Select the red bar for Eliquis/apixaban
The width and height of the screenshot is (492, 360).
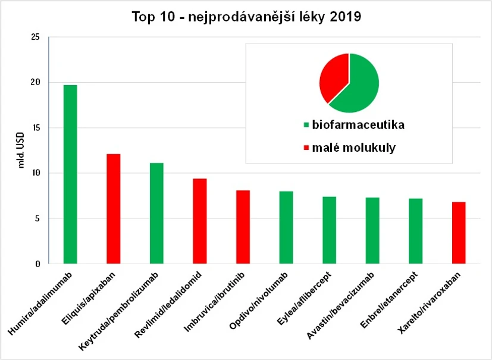click(x=113, y=209)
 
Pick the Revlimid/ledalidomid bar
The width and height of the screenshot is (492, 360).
click(x=200, y=221)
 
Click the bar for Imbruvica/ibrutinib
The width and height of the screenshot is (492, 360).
click(x=243, y=227)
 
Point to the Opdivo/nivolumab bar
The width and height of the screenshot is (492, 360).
click(x=286, y=227)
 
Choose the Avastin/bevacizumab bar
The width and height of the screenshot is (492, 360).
click(x=372, y=230)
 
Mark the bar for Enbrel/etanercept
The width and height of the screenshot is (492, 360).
click(x=415, y=231)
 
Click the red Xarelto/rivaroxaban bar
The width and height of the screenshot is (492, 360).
click(x=458, y=233)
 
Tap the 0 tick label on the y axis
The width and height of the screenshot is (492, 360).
click(x=37, y=264)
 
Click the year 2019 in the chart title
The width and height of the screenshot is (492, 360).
click(x=343, y=17)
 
